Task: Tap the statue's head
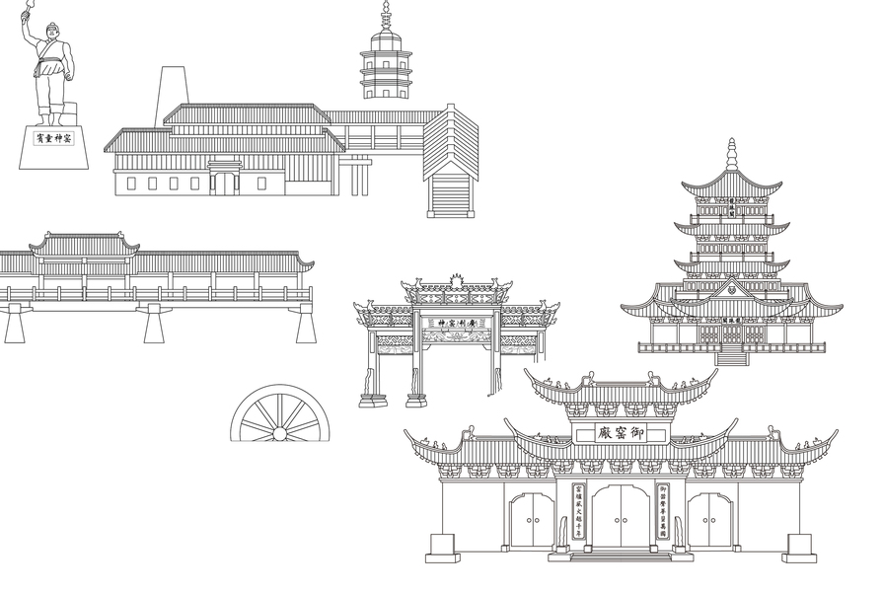pos(45,37)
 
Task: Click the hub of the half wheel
pos(280,432)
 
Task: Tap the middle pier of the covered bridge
pos(155,323)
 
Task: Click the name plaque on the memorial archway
pos(456,322)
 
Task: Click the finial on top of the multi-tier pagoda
pos(731,154)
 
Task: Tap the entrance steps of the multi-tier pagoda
pos(731,356)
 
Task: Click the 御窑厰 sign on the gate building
pos(623,433)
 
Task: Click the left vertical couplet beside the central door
pos(579,510)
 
